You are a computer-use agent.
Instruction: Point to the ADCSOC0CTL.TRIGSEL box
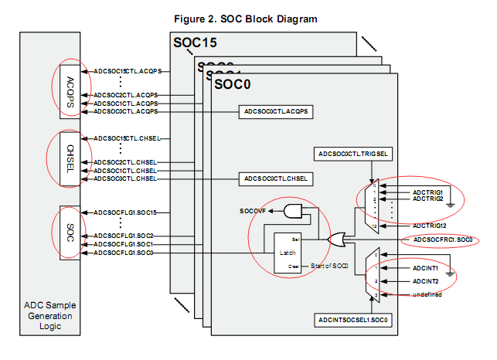(x=355, y=154)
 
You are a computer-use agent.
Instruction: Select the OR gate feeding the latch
(x=339, y=240)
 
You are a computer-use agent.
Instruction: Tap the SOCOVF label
(x=254, y=211)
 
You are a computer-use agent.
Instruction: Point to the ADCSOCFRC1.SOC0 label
(x=443, y=240)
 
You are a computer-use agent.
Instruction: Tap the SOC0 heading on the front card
(x=233, y=83)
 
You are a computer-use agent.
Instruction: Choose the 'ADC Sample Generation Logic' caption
(x=68, y=315)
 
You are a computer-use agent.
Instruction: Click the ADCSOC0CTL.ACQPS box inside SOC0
(x=276, y=112)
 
